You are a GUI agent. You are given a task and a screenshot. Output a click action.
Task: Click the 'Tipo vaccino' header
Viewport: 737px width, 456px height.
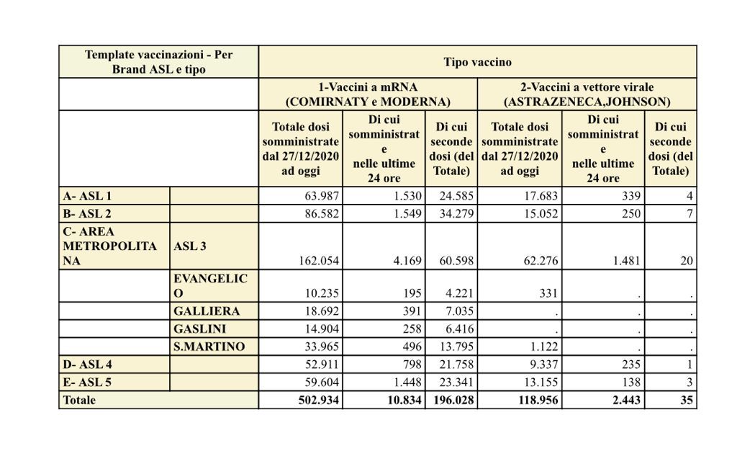(477, 62)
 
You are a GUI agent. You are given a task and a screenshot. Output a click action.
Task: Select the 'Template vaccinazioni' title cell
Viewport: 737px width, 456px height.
(158, 62)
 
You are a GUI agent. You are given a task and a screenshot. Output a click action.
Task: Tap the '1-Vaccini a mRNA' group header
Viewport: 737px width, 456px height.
(368, 94)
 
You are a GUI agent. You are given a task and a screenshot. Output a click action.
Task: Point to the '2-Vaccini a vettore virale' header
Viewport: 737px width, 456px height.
(587, 94)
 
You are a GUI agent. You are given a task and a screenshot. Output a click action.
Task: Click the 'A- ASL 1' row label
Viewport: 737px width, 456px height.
(86, 196)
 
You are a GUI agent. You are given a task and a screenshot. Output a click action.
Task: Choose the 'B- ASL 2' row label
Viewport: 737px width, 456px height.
(86, 214)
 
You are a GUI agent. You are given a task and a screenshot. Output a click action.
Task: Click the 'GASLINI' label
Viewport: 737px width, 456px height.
(201, 328)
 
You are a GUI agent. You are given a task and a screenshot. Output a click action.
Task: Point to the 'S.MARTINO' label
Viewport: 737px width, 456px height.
(209, 347)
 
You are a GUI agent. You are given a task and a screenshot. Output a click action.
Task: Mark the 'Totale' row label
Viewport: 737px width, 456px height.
(78, 400)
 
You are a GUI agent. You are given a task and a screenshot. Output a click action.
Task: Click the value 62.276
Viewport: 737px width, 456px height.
(539, 261)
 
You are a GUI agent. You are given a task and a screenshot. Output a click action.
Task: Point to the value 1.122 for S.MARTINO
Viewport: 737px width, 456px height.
(543, 347)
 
